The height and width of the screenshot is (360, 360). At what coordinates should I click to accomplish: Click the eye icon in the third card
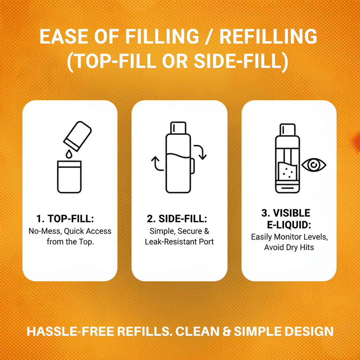pyautogui.click(x=314, y=165)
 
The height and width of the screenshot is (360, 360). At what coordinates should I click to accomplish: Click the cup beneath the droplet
pyautogui.click(x=69, y=177)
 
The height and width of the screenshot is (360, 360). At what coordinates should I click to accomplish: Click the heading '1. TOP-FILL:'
pyautogui.click(x=65, y=219)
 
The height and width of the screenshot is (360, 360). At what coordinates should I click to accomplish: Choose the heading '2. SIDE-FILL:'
pyautogui.click(x=177, y=219)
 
